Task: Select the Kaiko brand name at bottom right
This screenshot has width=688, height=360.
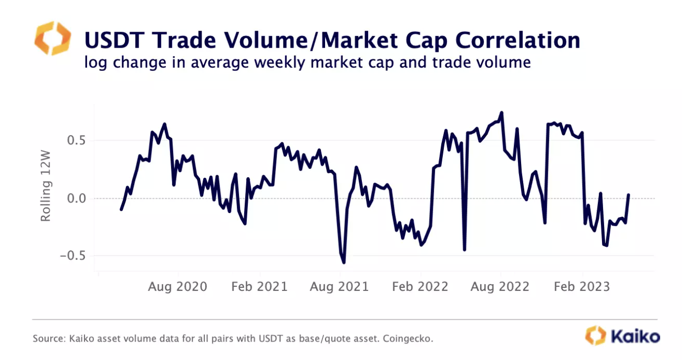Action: (x=635, y=336)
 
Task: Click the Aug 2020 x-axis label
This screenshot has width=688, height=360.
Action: (x=177, y=286)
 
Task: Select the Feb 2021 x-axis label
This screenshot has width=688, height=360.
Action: (x=259, y=286)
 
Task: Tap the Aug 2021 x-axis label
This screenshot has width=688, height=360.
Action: (x=339, y=286)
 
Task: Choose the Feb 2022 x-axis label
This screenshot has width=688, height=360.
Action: (x=420, y=286)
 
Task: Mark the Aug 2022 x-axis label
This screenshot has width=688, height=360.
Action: (x=500, y=286)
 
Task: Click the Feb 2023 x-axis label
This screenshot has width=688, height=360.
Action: (x=582, y=286)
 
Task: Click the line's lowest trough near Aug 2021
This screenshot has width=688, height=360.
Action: (x=343, y=263)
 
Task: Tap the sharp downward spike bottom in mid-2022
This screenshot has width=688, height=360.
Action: (x=464, y=250)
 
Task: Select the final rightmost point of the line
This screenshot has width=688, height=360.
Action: (x=628, y=195)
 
